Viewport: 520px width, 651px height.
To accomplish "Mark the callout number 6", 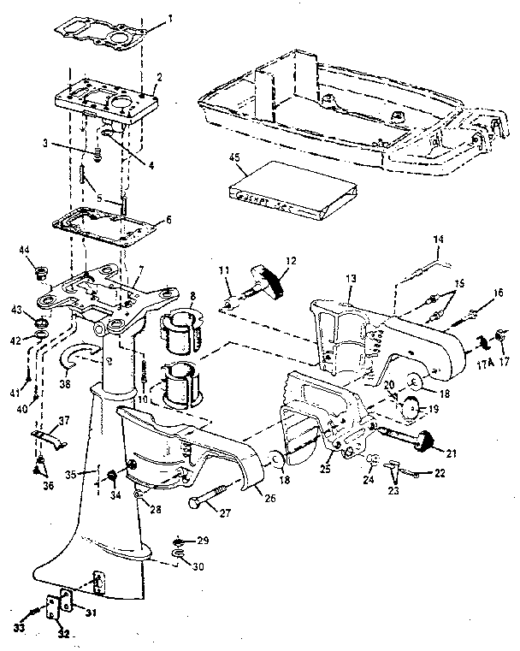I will pos(167,220).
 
